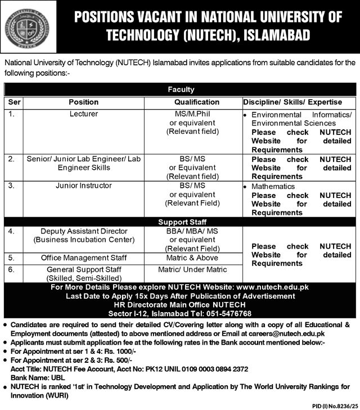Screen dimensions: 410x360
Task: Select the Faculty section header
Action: pos(181,89)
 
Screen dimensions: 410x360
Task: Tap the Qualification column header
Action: pos(196,102)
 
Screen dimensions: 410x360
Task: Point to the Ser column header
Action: pos(14,102)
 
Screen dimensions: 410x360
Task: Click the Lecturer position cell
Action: pos(83,114)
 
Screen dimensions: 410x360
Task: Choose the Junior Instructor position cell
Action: pos(83,186)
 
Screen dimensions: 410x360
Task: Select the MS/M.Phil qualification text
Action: pos(192,114)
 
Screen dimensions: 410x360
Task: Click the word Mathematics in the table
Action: pos(273,186)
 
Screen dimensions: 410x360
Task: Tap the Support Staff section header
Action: pos(181,222)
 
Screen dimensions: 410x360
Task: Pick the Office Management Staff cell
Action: pos(83,258)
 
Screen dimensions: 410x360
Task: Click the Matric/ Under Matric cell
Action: pos(192,269)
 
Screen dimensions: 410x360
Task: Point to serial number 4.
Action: pos(12,231)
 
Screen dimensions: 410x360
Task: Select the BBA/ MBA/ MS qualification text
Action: pos(192,231)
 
